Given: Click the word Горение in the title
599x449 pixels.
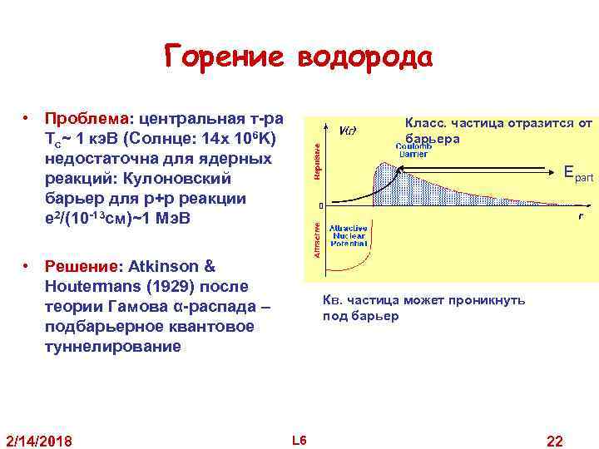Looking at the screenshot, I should pyautogui.click(x=223, y=58).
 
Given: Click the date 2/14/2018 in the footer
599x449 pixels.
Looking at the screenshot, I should pyautogui.click(x=39, y=439).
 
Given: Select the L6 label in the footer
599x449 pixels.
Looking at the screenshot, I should pyautogui.click(x=299, y=439).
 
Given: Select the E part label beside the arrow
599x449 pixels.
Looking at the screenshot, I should pyautogui.click(x=577, y=174).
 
